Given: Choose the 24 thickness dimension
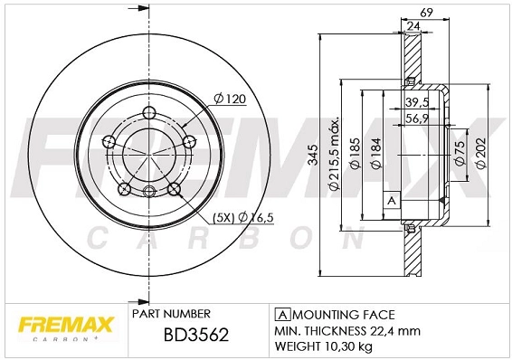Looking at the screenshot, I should coord(412,27).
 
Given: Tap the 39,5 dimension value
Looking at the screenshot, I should coord(416,102).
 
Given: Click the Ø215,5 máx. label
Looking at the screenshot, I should coord(334,153).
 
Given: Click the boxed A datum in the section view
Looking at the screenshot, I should coord(392,199).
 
